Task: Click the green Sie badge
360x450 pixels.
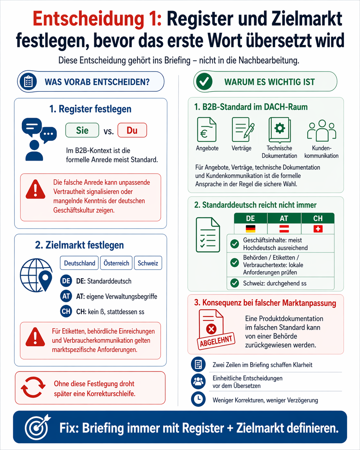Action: tap(82, 130)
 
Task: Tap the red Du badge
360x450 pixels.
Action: tap(132, 130)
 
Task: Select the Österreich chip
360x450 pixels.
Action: tap(116, 263)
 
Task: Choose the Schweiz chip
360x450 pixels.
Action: tap(148, 263)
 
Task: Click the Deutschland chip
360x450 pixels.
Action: tap(79, 263)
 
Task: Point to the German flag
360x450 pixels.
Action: tap(251, 229)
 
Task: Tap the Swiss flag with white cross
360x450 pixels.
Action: tap(318, 229)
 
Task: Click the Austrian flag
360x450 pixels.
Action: tap(284, 229)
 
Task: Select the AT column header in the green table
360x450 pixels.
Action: tap(284, 218)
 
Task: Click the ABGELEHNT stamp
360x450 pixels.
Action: tap(216, 341)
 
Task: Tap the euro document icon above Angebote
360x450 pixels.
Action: tap(207, 130)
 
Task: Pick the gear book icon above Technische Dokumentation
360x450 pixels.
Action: tap(279, 130)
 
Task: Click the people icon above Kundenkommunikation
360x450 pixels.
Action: tap(321, 131)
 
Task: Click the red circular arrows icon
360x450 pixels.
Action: tap(33, 387)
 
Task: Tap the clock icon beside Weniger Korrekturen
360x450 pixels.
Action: tap(198, 399)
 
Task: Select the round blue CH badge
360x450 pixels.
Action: tap(66, 311)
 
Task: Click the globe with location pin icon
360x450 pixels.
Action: tap(36, 275)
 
